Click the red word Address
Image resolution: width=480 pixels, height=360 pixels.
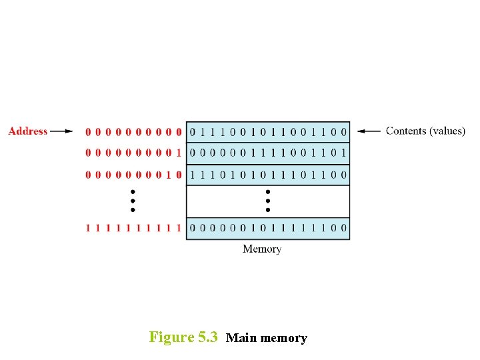(28, 131)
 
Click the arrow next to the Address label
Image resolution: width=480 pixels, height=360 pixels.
(61, 131)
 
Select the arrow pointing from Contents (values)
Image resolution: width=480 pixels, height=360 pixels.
(369, 131)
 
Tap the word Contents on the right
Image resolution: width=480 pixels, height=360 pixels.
(406, 131)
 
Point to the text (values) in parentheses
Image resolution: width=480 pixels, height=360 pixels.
(447, 131)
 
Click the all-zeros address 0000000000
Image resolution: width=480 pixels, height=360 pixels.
(133, 132)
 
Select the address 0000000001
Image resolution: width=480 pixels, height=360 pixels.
(133, 153)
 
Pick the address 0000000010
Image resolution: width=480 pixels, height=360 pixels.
(133, 175)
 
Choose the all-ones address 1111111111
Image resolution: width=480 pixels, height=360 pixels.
(133, 228)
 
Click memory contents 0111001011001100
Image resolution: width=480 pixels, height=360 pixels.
(268, 132)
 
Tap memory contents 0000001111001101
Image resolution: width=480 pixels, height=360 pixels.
(268, 153)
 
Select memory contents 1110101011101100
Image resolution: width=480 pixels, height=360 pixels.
(268, 175)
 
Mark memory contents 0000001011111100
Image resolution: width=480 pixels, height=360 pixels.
(268, 228)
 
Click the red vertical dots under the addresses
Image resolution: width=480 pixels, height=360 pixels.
(133, 200)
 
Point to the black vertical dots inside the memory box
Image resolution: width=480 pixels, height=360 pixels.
(268, 200)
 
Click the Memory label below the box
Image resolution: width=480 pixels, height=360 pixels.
(262, 249)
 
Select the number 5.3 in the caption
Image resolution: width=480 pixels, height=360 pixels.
(208, 337)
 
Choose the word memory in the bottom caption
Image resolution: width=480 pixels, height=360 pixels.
(283, 338)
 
